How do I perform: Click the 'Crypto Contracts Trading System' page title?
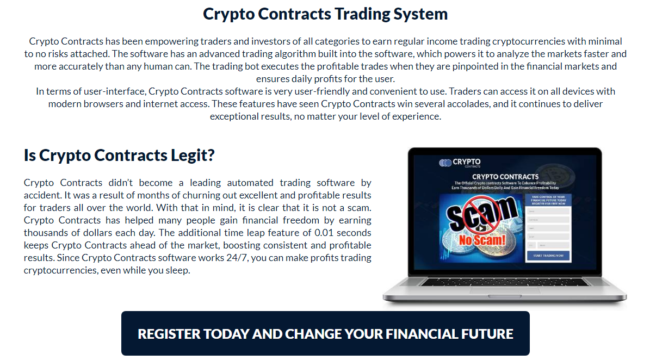click(325, 14)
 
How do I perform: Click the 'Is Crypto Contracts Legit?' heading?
click(119, 156)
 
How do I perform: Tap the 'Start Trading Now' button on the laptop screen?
click(548, 255)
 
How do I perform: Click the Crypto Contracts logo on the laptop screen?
click(460, 163)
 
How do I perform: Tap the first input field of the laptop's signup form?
click(548, 211)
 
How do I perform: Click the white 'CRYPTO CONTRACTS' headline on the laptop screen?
click(505, 177)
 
